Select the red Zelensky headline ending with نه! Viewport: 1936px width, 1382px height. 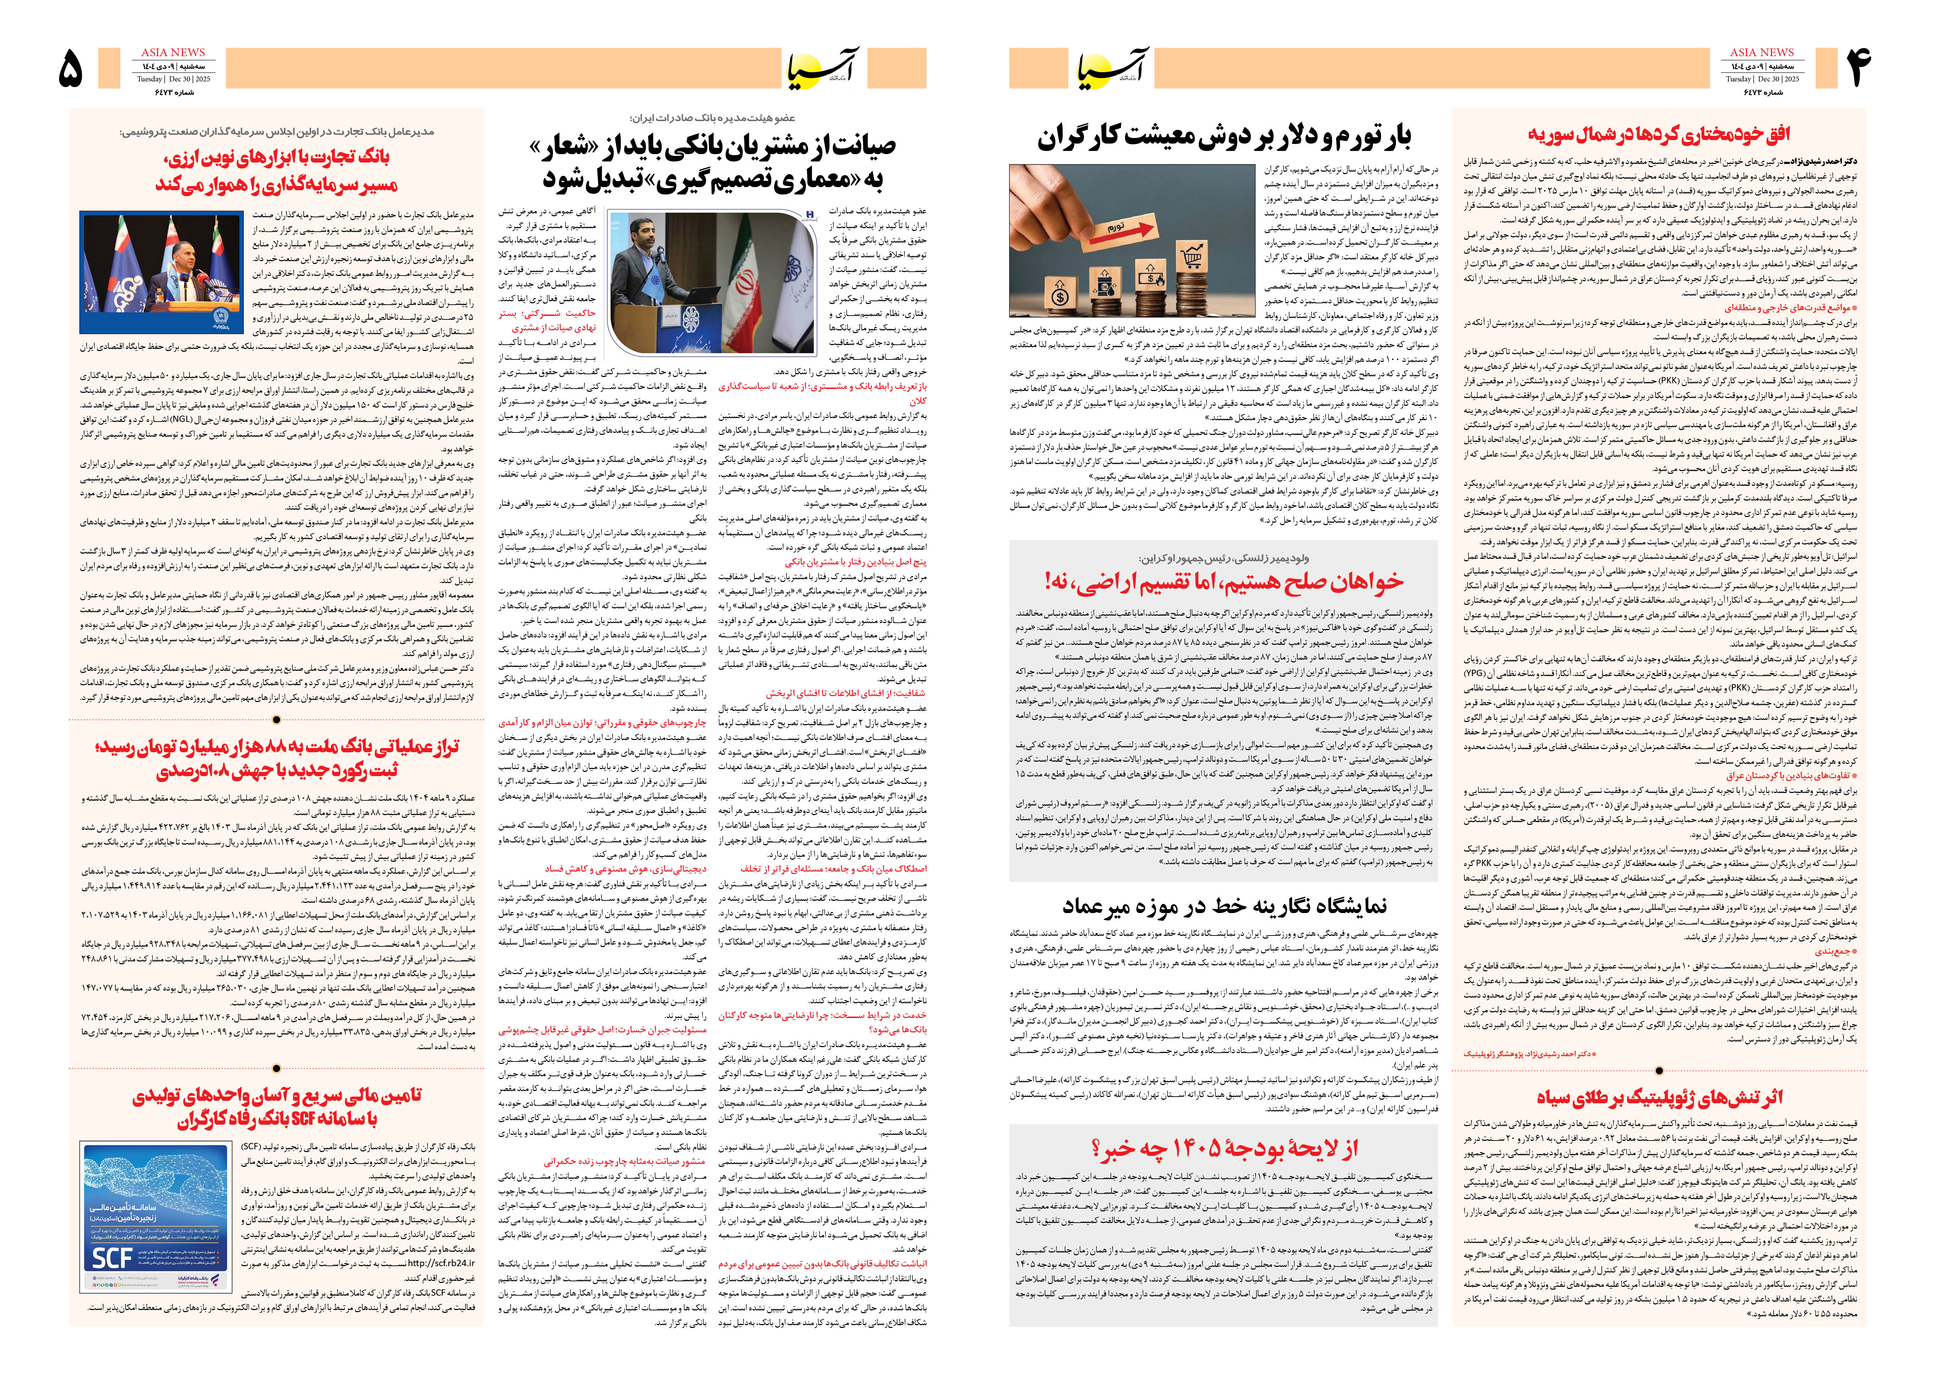pyautogui.click(x=1223, y=582)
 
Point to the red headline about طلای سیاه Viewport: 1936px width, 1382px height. pyautogui.click(x=1659, y=1098)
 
